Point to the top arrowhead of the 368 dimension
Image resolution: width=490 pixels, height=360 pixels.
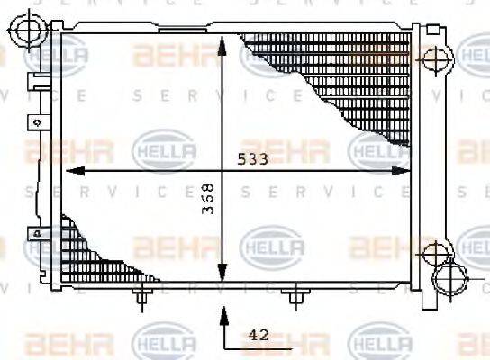click(222, 41)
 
